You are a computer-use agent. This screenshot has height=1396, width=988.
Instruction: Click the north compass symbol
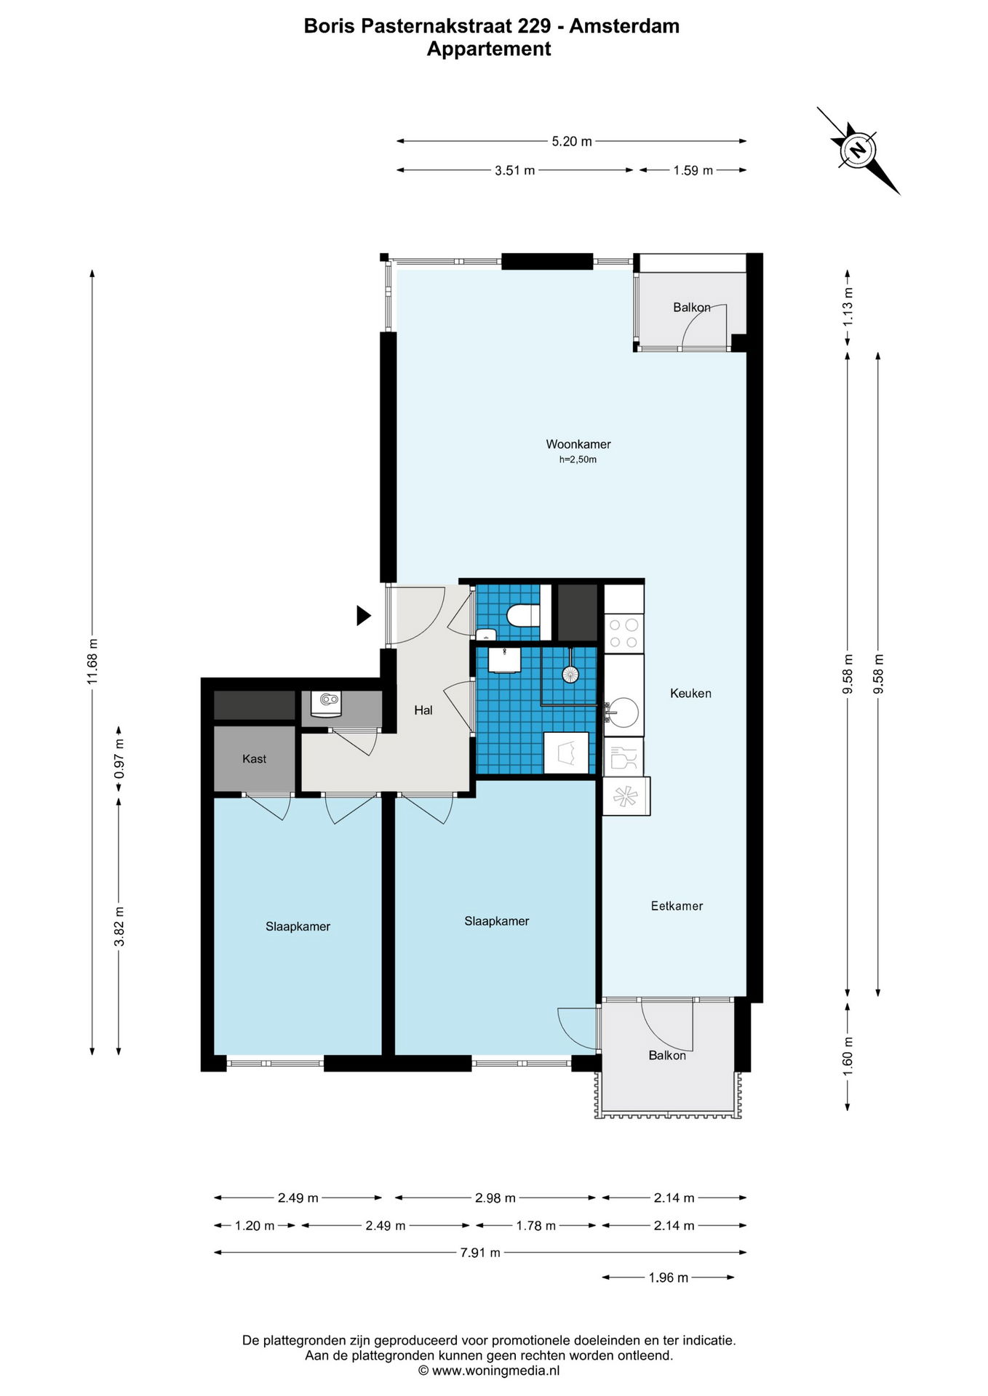pos(858,151)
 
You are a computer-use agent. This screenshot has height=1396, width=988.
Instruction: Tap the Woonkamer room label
pos(578,444)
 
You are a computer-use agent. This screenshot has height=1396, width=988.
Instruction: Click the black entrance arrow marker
pos(364,616)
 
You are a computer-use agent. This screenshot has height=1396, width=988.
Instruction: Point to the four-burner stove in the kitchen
pos(624,633)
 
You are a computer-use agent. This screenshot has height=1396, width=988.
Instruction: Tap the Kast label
pos(255,759)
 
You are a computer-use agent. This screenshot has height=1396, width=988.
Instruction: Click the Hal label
pos(423,710)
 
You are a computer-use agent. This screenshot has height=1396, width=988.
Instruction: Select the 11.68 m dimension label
pos(92,662)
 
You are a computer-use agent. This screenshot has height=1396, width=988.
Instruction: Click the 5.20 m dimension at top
pos(572,141)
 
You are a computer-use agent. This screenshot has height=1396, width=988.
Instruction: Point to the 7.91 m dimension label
pos(480,1253)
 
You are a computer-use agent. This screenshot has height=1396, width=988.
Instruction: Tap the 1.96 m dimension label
pos(669,1277)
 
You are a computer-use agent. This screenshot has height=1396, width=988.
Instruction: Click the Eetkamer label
pos(677,906)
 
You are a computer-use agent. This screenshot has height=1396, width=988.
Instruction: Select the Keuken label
pos(690,694)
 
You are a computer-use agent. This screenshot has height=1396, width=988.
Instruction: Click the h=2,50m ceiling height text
pos(578,460)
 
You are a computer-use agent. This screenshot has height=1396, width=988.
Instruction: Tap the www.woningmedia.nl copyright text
pos(489,1371)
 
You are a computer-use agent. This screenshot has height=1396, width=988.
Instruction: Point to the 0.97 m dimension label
pos(119,759)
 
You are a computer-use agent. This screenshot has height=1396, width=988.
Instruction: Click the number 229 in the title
pos(534,26)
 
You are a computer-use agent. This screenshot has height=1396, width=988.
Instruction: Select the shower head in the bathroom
pos(570,674)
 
